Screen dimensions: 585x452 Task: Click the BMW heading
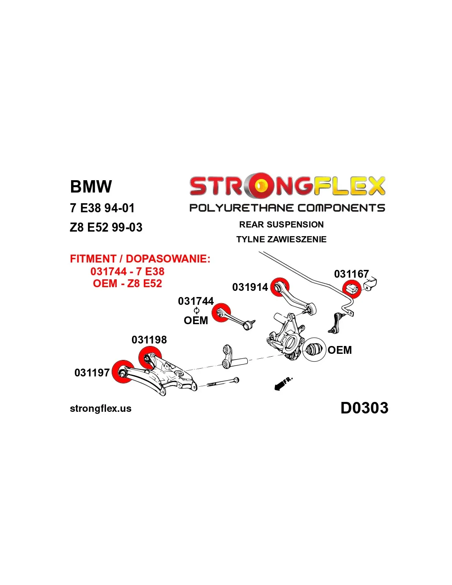91,187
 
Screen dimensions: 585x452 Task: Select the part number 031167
351,274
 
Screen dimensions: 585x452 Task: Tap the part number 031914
250,287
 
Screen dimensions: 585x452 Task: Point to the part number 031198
149,340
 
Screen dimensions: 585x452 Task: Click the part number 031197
92,373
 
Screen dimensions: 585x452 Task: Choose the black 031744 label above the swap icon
196,301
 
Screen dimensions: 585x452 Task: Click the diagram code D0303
364,408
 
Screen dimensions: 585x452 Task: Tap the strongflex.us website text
101,409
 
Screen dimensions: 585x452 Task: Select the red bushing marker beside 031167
352,288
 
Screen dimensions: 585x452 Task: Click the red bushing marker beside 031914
280,287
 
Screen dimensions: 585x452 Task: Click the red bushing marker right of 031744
221,313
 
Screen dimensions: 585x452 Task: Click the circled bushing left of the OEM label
314,350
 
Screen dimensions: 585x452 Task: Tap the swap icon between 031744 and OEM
196,311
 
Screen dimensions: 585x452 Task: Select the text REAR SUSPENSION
281,225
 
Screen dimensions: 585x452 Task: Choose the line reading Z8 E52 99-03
106,228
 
